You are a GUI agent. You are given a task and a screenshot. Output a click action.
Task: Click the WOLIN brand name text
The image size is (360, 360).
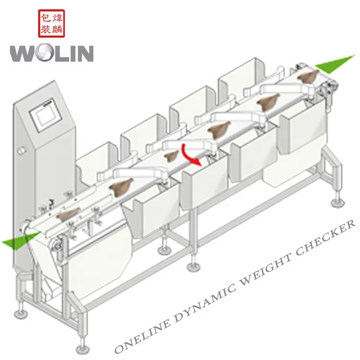tap(51, 52)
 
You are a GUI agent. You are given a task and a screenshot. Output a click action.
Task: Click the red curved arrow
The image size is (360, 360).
tap(189, 155)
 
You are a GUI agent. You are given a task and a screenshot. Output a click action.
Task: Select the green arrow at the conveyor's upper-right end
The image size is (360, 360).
tap(336, 63)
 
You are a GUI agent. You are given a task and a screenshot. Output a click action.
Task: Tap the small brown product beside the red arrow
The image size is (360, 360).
tap(171, 156)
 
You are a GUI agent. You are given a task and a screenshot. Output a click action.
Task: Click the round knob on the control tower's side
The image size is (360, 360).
tap(21, 151)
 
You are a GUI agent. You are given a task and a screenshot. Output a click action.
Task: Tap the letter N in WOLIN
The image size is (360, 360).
tap(84, 53)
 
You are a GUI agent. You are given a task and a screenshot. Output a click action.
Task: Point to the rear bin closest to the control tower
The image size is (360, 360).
tap(96, 159)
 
